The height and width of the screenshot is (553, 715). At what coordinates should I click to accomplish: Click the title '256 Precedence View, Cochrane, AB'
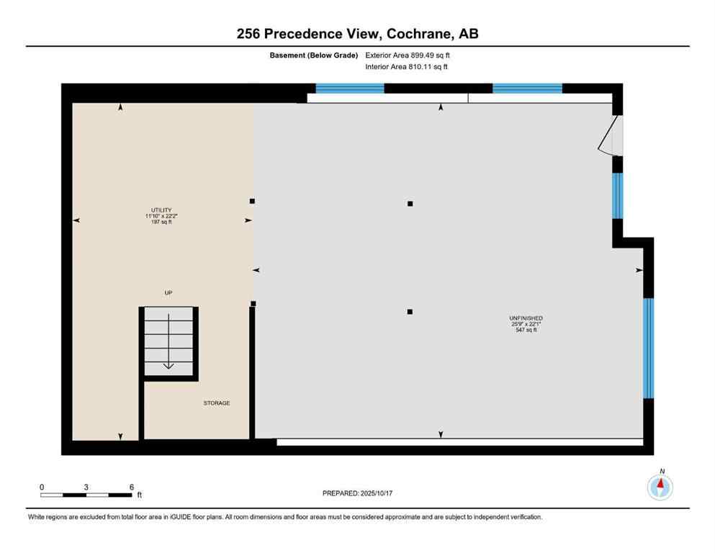357,33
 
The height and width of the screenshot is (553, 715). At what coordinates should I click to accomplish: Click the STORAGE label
216,403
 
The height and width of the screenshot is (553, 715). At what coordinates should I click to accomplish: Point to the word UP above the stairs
168,292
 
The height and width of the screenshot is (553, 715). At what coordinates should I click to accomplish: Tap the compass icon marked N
660,487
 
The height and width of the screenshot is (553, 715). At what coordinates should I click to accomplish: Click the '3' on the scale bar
86,487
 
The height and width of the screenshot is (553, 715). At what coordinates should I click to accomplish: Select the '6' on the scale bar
131,487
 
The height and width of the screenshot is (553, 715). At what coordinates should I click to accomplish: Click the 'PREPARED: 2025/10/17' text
357,493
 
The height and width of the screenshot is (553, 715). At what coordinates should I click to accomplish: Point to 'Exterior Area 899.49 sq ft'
409,55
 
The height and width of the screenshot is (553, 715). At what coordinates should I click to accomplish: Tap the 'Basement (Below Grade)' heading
314,55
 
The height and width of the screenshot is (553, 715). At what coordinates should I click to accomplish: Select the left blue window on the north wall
350,89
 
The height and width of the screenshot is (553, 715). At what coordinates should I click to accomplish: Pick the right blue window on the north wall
527,89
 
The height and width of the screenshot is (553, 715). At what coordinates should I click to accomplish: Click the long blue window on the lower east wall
648,348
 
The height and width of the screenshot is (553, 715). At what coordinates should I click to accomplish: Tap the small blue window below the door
617,196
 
